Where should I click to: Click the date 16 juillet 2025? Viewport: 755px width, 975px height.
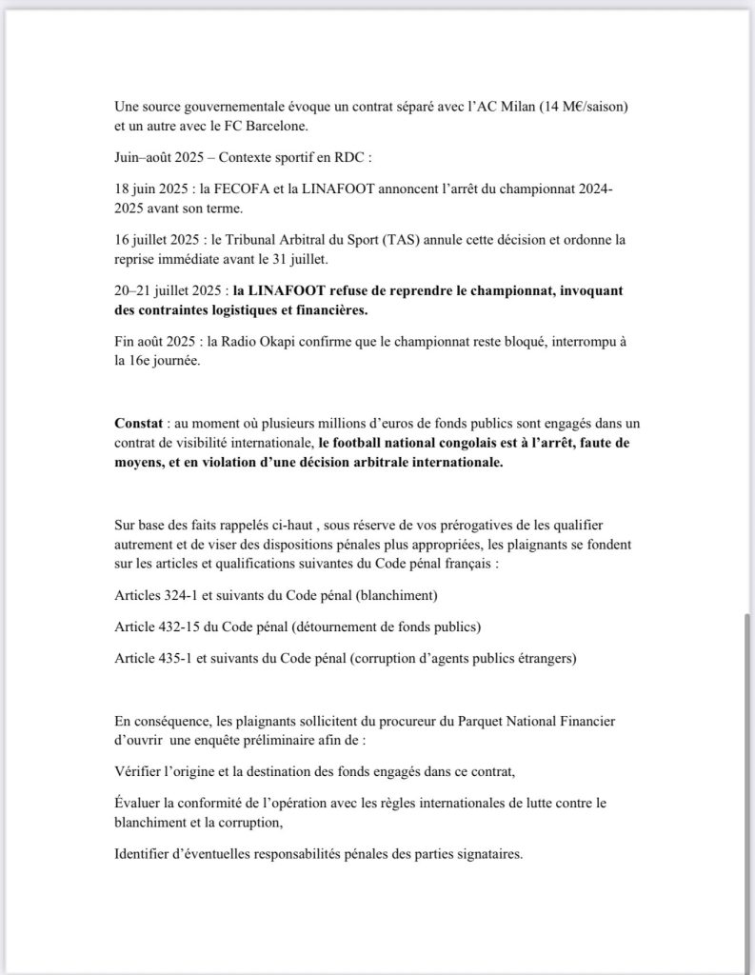161,242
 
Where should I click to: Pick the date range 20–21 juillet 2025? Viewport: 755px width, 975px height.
172,289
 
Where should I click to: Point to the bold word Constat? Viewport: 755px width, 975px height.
140,423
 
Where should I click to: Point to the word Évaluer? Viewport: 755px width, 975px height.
142,803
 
